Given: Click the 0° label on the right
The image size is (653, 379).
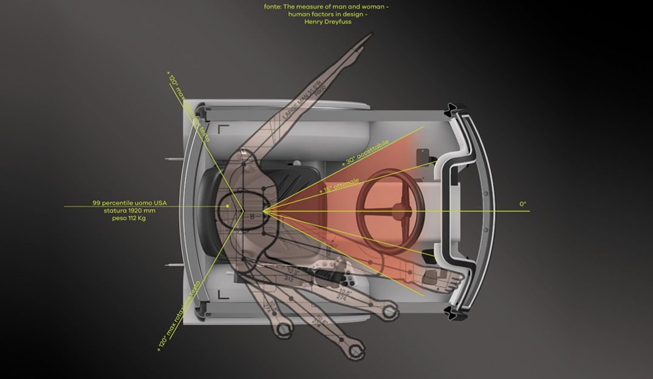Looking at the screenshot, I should [522, 204].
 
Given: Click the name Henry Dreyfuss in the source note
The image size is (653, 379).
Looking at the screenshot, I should [328, 22].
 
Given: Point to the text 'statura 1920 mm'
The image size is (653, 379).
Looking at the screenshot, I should [129, 210].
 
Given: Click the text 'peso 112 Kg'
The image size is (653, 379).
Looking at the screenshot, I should [129, 218].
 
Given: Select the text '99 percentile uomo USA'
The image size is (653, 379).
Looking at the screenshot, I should [129, 202].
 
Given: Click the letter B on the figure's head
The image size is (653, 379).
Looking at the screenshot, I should [252, 216].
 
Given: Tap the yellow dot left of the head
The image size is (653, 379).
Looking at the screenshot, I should [227, 206].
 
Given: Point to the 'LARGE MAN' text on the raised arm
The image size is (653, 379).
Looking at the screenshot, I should [288, 104].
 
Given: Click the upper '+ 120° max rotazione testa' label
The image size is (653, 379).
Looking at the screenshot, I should [188, 106].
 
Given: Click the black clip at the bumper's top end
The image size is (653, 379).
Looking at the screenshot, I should [455, 109].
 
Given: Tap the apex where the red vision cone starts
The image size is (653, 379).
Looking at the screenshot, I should [262, 212].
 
